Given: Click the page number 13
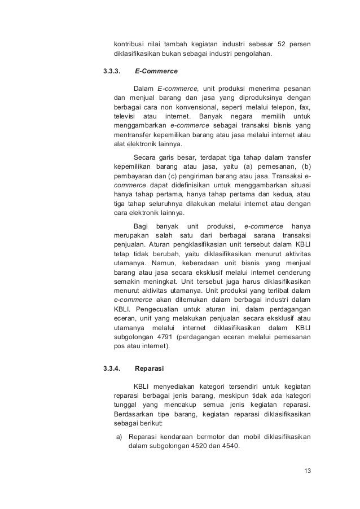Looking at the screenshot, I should (x=307, y=471).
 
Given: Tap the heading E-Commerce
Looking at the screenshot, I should (x=156, y=72).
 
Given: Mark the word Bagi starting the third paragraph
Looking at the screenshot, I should (x=140, y=226).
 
